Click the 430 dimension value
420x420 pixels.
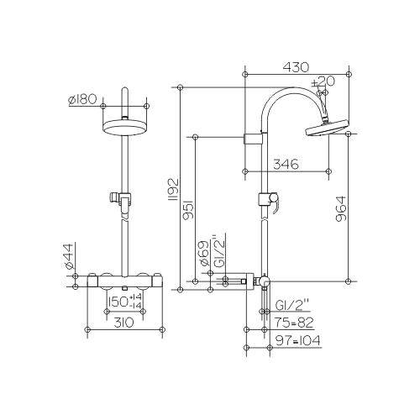297,67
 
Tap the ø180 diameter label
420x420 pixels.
82,99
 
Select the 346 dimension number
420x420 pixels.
286,164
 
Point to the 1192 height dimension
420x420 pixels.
174,189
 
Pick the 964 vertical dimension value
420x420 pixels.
341,209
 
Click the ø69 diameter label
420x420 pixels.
204,253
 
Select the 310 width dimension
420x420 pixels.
123,323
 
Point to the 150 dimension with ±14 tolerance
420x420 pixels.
125,302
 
